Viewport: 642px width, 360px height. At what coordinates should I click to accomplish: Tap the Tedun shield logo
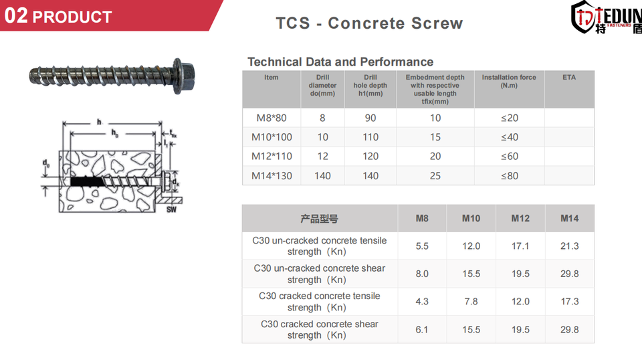584,17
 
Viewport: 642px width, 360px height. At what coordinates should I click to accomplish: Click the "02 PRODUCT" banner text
58,16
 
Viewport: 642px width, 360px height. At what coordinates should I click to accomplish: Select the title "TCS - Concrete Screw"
369,23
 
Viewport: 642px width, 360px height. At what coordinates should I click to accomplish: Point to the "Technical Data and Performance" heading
340,62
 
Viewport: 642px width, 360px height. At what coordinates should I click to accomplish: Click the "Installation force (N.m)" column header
509,81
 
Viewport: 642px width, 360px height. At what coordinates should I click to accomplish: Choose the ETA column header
569,77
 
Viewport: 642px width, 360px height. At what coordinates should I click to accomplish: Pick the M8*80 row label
272,118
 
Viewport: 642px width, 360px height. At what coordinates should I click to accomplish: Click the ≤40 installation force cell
510,137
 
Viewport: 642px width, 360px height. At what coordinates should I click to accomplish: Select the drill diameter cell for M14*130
322,176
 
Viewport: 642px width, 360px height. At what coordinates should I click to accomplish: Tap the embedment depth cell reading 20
435,157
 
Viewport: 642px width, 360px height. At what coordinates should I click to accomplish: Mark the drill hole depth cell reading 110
370,137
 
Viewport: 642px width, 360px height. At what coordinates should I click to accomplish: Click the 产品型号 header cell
320,219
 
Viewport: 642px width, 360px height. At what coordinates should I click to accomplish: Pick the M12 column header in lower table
520,218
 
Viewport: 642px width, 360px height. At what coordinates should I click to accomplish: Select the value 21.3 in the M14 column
570,246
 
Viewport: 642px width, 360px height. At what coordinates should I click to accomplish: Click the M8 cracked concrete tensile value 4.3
422,301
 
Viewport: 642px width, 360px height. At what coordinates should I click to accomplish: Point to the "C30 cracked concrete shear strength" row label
320,330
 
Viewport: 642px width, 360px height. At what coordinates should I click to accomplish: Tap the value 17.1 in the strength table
520,246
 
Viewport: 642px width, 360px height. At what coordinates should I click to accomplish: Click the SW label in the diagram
172,209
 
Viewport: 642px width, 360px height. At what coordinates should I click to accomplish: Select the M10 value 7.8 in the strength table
471,301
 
